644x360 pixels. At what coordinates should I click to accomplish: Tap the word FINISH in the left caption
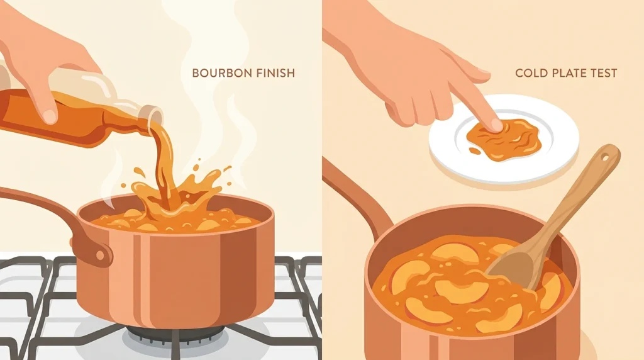pos(275,73)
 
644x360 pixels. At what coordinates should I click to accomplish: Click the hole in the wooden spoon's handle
pos(604,157)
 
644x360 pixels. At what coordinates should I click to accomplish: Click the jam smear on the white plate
pos(504,138)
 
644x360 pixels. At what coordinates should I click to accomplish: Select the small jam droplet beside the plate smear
pos(474,151)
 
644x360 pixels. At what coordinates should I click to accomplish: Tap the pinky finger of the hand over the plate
pos(392,116)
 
